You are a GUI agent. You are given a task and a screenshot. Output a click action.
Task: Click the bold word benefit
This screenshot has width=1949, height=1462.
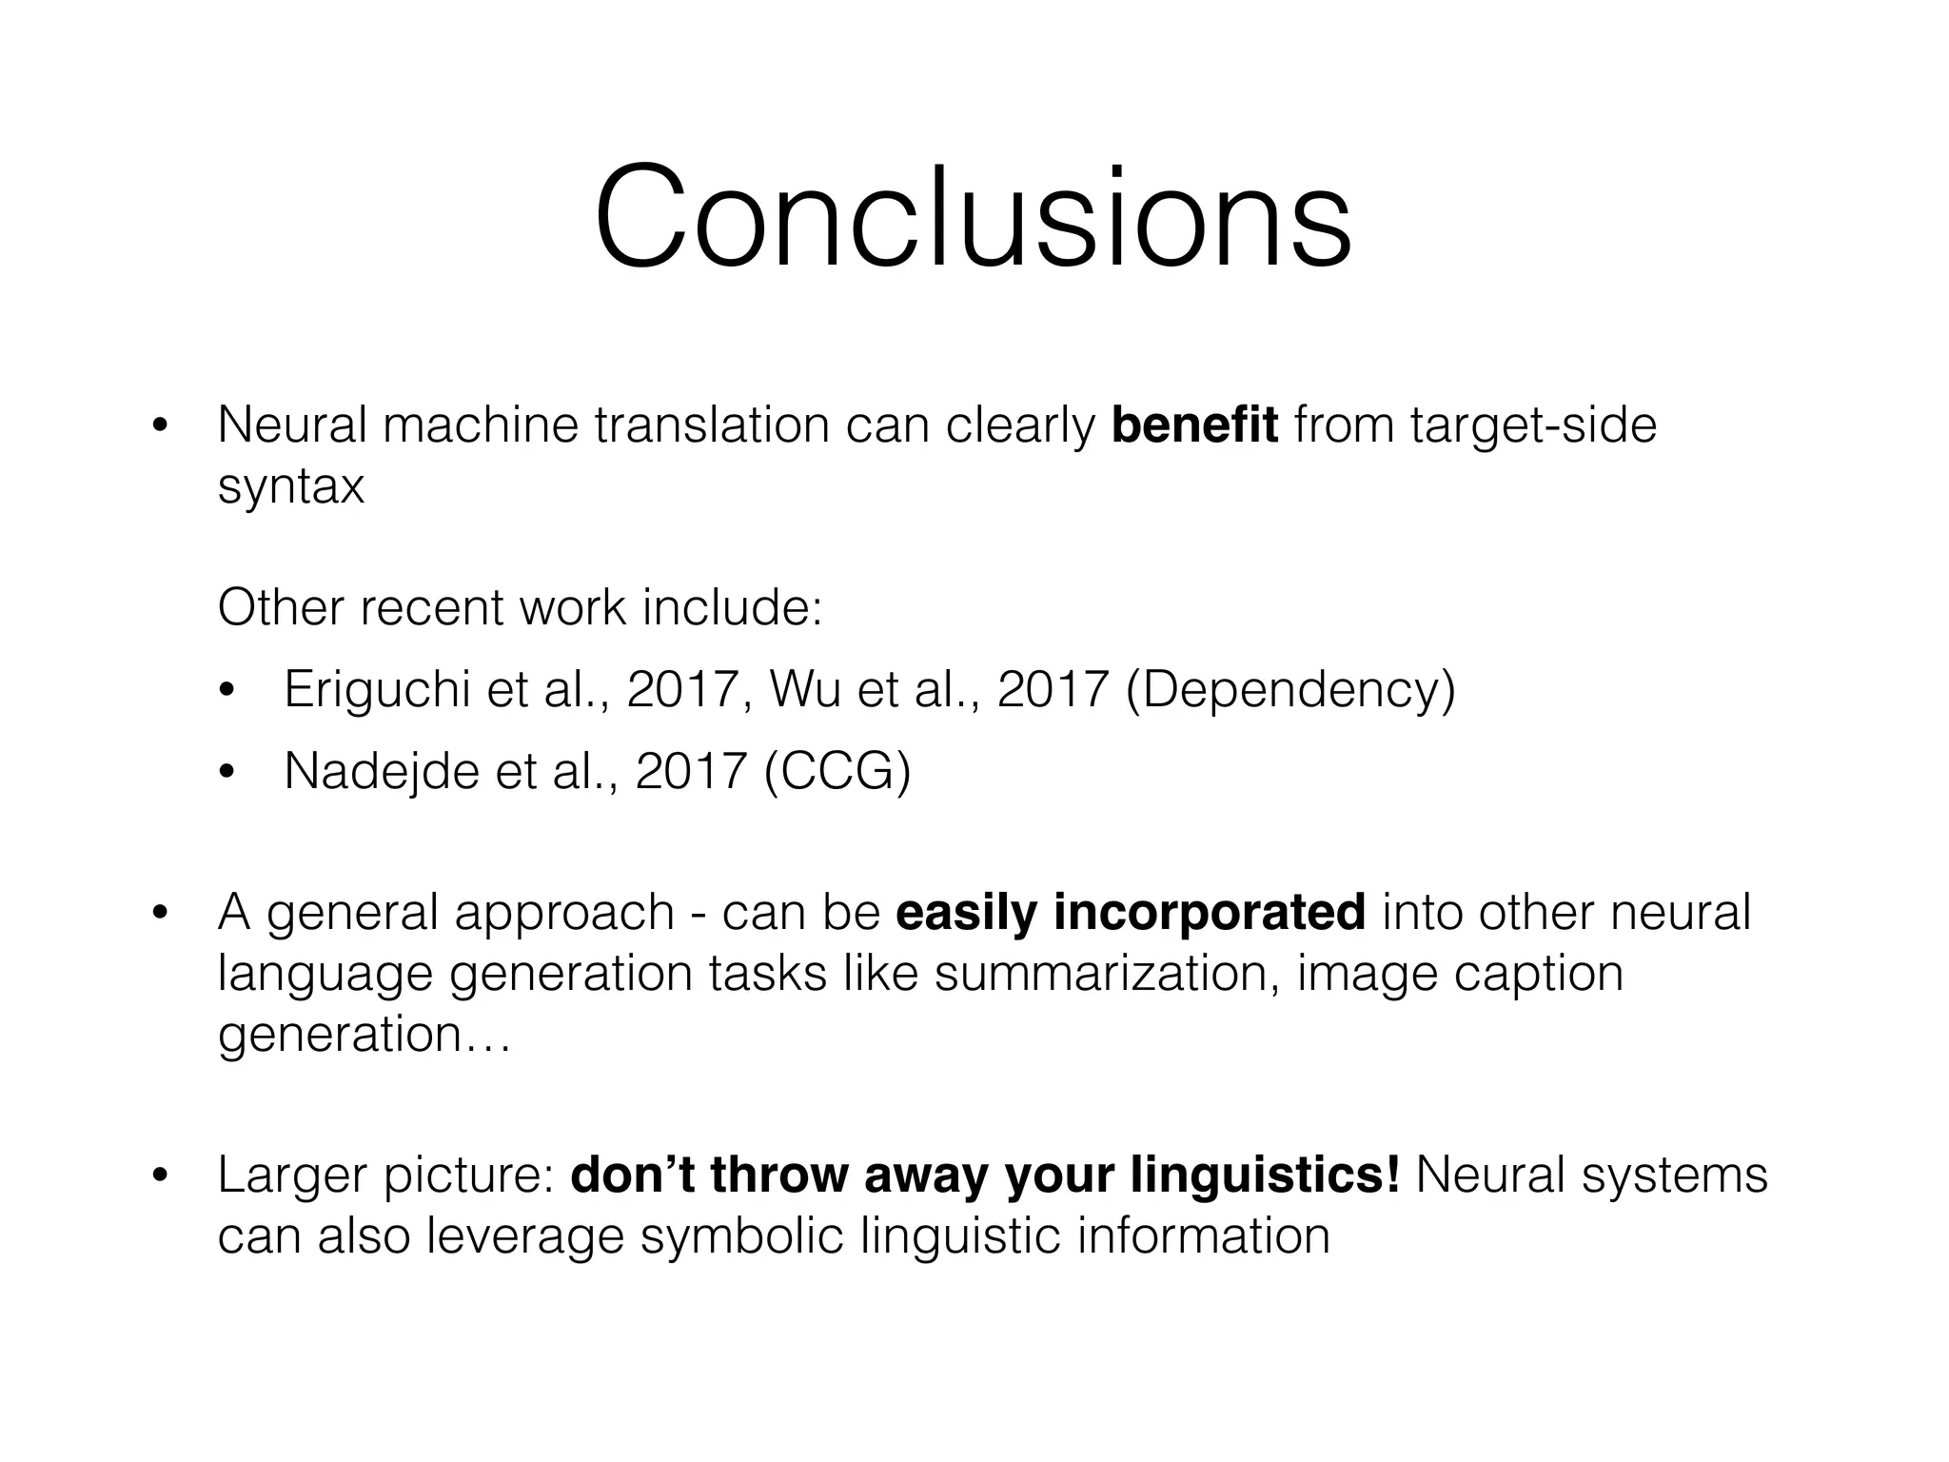tap(1194, 425)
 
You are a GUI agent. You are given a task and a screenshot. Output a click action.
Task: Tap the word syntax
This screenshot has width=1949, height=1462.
tap(291, 487)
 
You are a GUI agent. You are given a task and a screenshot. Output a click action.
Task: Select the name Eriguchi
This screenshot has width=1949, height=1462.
tap(377, 689)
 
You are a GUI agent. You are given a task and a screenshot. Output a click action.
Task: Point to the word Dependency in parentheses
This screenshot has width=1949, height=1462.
tap(1290, 691)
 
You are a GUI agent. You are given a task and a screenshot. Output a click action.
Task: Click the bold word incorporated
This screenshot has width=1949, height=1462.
tap(1210, 913)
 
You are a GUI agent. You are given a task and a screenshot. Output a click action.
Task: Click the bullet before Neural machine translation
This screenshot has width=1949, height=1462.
tap(159, 426)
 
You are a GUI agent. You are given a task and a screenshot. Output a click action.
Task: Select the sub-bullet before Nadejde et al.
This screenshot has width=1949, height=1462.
tap(226, 772)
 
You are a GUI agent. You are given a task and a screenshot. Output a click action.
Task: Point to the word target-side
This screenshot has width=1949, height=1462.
tap(1533, 425)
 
